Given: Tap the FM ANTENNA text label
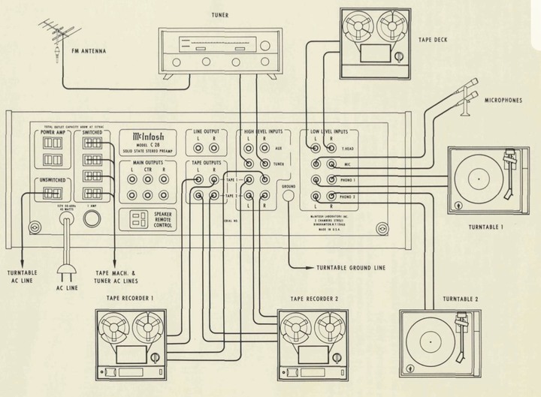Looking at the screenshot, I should [88, 52].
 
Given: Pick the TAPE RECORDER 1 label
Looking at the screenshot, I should [131, 298].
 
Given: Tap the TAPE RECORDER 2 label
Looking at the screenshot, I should [314, 298].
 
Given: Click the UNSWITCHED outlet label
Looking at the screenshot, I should [52, 181].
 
